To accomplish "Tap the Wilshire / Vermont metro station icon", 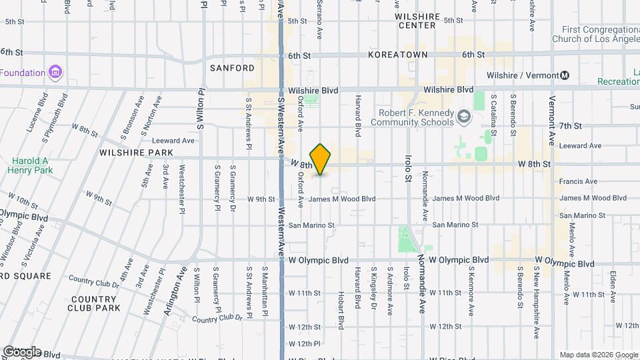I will [x=565, y=75].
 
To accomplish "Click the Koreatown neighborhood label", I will [x=398, y=55].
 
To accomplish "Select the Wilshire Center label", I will [x=417, y=21].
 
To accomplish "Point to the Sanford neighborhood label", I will [x=232, y=68].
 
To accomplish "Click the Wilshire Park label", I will [x=136, y=153].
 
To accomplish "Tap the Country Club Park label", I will [x=94, y=303].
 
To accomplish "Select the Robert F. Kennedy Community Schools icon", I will [x=463, y=118].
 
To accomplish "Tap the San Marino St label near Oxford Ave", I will [x=311, y=225].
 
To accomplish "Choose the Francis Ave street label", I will [x=578, y=181].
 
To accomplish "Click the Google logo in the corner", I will [x=21, y=351].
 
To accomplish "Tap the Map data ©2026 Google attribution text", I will [x=599, y=355].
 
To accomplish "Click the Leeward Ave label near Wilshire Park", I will [x=173, y=141].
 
